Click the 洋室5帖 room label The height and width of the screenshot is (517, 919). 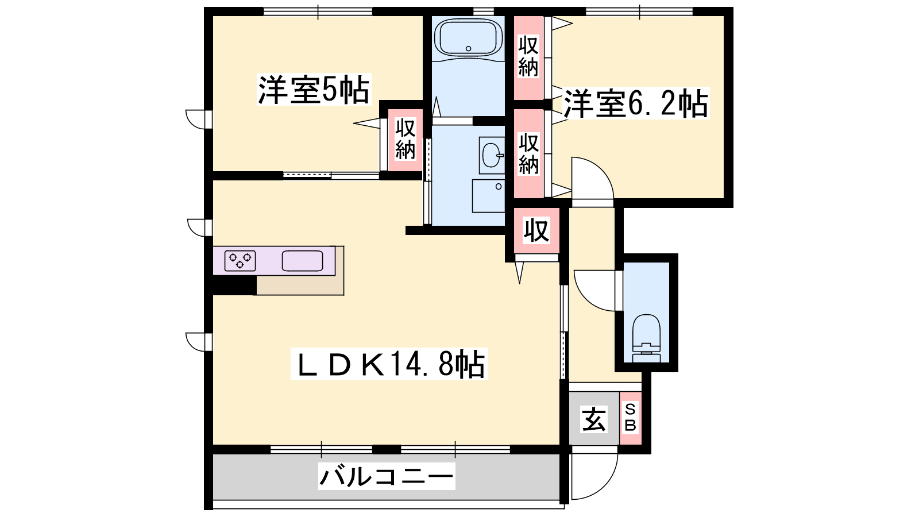(314, 90)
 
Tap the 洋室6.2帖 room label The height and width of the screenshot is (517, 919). (635, 103)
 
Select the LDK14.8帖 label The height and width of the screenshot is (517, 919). (389, 364)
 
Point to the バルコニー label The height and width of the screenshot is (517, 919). (387, 476)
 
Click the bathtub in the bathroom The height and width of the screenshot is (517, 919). (468, 38)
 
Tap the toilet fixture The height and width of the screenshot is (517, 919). (647, 338)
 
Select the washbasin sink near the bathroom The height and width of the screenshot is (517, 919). (492, 155)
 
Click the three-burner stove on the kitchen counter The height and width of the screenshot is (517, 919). (240, 261)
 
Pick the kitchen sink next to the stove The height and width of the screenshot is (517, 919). (302, 261)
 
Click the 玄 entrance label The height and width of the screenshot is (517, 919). (594, 419)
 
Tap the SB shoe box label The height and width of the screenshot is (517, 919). (630, 417)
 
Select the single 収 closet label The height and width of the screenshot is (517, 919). (536, 230)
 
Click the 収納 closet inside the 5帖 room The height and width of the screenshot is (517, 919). (406, 139)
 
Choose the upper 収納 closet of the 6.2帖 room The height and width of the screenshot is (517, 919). (528, 57)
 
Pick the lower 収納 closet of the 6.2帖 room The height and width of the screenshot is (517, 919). (528, 154)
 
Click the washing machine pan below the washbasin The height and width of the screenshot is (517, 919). (488, 196)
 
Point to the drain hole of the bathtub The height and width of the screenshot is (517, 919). (468, 48)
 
